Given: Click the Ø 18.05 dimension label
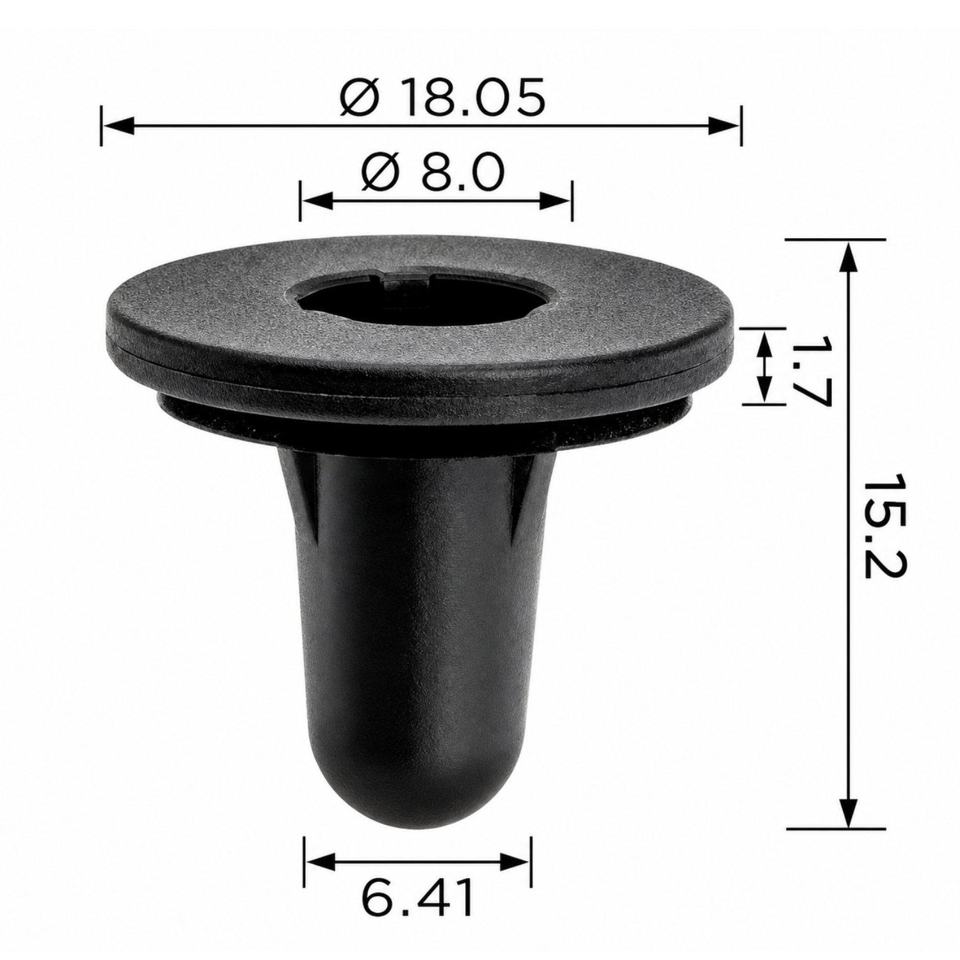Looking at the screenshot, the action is pyautogui.click(x=443, y=97).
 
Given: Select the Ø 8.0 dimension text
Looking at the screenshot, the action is pyautogui.click(x=433, y=172).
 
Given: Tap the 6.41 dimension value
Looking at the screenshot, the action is pyautogui.click(x=418, y=898).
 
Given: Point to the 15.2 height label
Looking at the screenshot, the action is pyautogui.click(x=883, y=526).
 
